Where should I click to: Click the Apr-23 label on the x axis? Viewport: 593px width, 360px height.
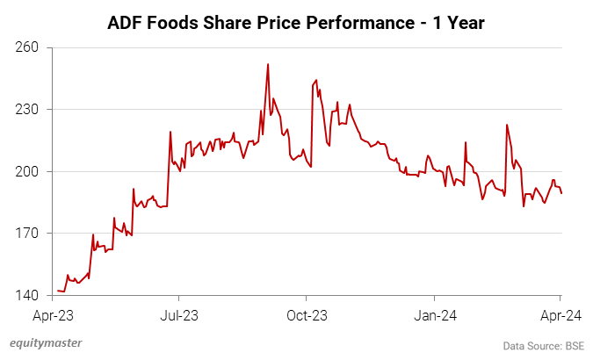54,314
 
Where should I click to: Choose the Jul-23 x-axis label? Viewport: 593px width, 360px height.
178,314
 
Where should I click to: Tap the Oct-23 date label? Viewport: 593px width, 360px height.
307,314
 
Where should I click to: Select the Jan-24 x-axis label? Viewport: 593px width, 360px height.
436,314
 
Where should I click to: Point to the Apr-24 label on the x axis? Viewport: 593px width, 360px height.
560,314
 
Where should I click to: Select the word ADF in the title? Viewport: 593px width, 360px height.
128,21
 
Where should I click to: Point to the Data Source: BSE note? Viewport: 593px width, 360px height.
543,343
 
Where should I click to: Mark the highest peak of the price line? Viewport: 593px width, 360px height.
268,64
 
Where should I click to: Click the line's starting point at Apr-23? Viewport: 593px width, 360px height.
58,291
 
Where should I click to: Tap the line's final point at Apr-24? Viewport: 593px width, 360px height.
561,193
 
